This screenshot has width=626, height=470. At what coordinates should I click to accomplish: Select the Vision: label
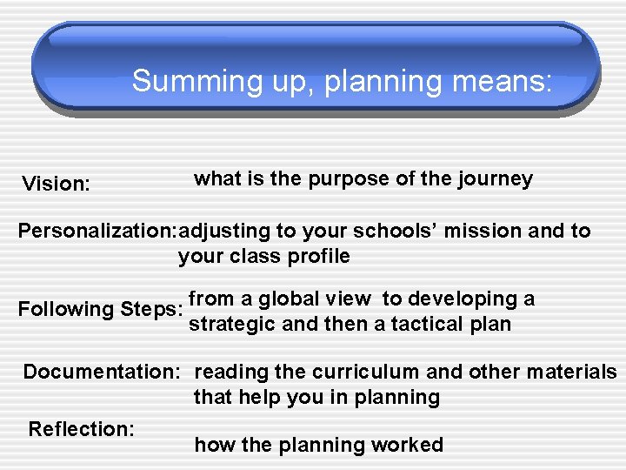(x=56, y=184)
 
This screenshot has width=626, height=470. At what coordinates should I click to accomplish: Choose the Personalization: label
(x=96, y=232)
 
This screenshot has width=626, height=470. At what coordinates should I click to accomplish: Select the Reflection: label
(x=81, y=429)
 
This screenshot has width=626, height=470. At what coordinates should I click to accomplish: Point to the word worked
(x=408, y=446)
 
